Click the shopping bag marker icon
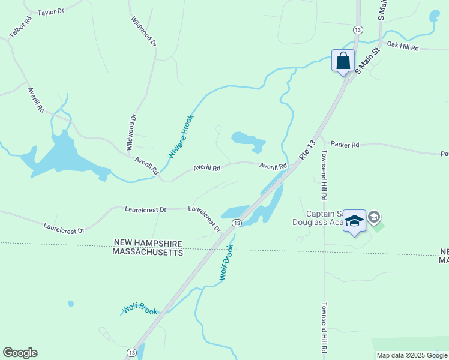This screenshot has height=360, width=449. point(343,61)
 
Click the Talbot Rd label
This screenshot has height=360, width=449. point(20,32)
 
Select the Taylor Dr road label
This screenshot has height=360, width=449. point(50,12)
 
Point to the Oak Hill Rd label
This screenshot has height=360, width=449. point(402,46)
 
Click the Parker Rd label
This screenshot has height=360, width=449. point(345,145)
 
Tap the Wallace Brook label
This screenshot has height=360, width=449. point(181,136)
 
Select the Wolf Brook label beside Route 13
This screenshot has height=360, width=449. point(226,261)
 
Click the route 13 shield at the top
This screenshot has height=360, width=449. point(358,30)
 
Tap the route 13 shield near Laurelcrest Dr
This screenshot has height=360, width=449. point(237,223)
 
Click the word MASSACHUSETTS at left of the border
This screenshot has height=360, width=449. point(147,253)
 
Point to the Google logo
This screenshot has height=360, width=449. point(20,353)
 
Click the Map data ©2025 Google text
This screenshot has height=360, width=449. point(411,355)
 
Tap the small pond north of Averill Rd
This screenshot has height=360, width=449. point(247,139)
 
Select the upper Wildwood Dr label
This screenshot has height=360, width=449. point(143,31)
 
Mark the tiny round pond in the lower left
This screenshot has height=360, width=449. point(71,304)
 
